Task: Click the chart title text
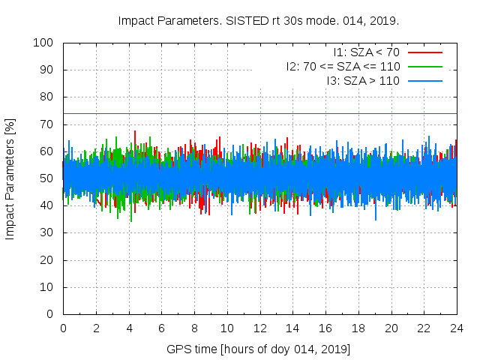coord(259,20)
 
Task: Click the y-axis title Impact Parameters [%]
coord(10,178)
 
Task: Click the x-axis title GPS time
coord(259,349)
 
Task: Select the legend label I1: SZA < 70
coord(367,52)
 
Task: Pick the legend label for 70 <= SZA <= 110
coord(343,67)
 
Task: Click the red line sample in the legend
coord(424,52)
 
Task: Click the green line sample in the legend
coord(424,67)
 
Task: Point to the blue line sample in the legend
coord(424,80)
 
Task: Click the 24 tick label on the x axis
coord(456,328)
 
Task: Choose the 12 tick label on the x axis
coord(259,328)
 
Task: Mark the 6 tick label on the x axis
coord(161,328)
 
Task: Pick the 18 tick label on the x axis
coord(358,328)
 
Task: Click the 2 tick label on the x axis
coord(96,328)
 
